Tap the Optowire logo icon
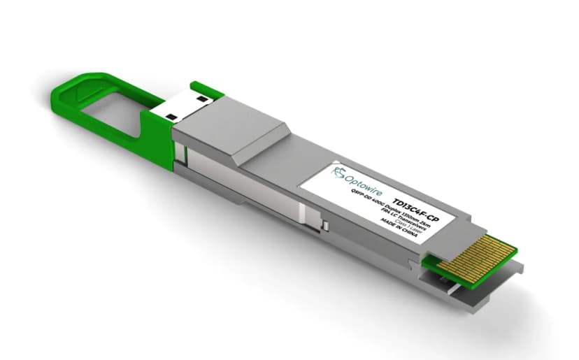point(341,171)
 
